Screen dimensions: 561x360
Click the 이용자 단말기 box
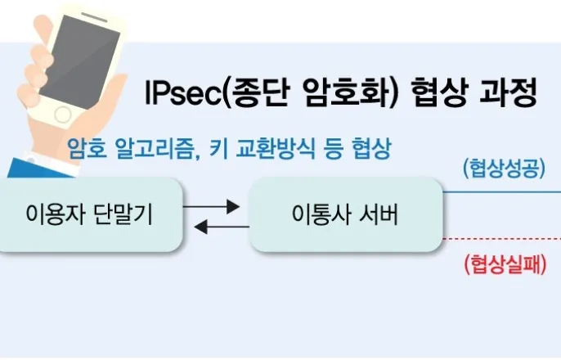click(90, 216)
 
